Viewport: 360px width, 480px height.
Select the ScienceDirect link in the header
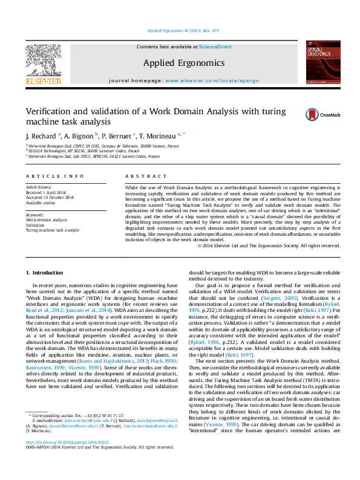coord(215,47)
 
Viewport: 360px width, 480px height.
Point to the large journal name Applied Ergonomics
coord(184,63)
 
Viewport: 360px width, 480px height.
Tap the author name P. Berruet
coord(117,136)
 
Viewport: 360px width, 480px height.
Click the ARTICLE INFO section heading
coord(54,176)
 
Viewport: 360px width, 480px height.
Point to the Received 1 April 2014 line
coord(49,193)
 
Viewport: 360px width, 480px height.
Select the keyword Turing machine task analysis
coord(52,230)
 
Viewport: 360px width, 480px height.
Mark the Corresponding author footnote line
coord(79,433)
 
